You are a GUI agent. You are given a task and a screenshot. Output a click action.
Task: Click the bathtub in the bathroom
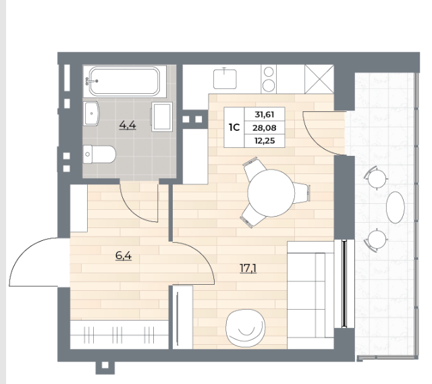click(124, 81)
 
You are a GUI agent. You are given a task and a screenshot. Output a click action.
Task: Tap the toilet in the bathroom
click(99, 155)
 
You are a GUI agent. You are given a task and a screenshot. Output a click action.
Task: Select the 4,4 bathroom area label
click(128, 126)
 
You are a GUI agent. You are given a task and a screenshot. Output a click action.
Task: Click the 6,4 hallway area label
click(124, 256)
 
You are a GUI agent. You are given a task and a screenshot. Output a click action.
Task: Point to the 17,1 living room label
click(248, 268)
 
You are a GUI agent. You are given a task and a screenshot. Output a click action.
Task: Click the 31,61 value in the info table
click(265, 114)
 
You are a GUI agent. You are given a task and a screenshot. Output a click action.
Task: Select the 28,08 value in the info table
click(265, 128)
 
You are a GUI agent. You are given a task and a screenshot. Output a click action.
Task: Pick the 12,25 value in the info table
click(265, 141)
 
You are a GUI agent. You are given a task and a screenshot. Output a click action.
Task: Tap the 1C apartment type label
click(234, 128)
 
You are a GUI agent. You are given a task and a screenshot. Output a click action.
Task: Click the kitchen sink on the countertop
click(225, 78)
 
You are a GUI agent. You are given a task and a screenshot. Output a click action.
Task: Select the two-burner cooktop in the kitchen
click(269, 80)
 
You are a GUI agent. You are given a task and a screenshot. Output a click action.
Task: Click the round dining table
click(271, 194)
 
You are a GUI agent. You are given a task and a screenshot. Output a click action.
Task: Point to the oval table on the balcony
click(396, 207)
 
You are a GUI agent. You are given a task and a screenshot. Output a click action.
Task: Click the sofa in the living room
click(310, 295)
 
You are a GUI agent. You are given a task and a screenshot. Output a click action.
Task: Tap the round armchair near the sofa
click(245, 329)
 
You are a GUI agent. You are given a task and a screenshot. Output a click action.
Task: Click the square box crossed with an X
click(319, 80)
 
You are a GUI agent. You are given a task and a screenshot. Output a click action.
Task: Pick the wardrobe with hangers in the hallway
click(119, 335)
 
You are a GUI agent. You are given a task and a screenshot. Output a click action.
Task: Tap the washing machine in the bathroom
click(162, 117)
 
